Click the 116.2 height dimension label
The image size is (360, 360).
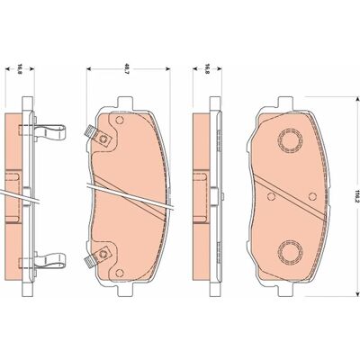point(356,196)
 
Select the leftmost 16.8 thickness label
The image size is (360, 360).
point(19,69)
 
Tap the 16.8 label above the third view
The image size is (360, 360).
point(206,69)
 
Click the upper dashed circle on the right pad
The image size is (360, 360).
point(290,140)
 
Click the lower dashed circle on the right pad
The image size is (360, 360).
point(290,251)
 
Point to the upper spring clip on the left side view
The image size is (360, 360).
point(50,132)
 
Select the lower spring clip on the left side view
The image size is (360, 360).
point(50,260)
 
